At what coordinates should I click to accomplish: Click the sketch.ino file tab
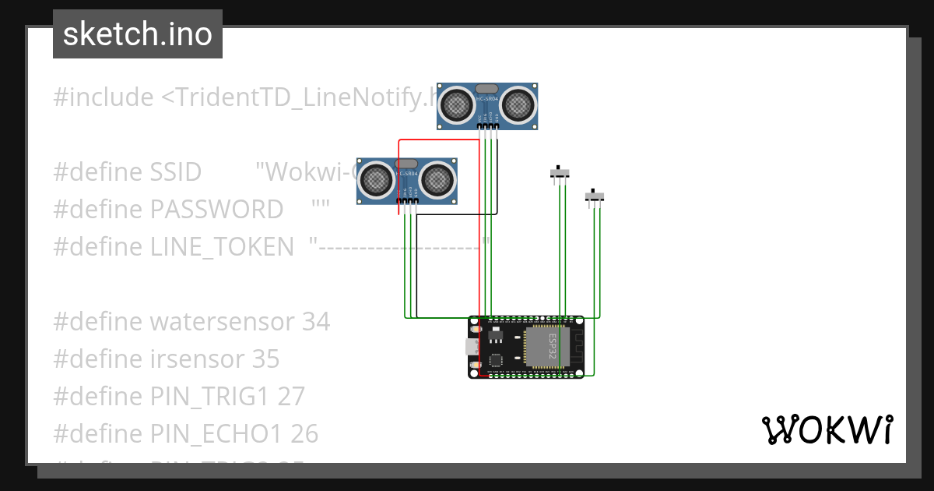point(138,34)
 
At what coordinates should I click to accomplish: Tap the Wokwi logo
point(826,430)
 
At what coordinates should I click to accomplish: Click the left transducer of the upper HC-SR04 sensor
point(457,104)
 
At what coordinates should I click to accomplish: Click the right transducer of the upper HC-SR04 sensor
point(518,104)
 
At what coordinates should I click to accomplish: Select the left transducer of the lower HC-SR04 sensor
point(377,179)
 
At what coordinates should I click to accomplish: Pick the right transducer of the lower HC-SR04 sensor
point(437,179)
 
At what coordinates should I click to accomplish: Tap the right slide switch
point(595,196)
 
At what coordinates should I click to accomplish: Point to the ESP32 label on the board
point(552,346)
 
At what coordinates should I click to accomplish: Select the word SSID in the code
point(175,171)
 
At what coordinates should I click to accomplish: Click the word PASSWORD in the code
point(216,209)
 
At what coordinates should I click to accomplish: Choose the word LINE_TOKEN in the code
point(222,246)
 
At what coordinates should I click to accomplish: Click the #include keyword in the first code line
point(104,97)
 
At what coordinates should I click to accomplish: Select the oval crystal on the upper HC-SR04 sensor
point(486,90)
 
